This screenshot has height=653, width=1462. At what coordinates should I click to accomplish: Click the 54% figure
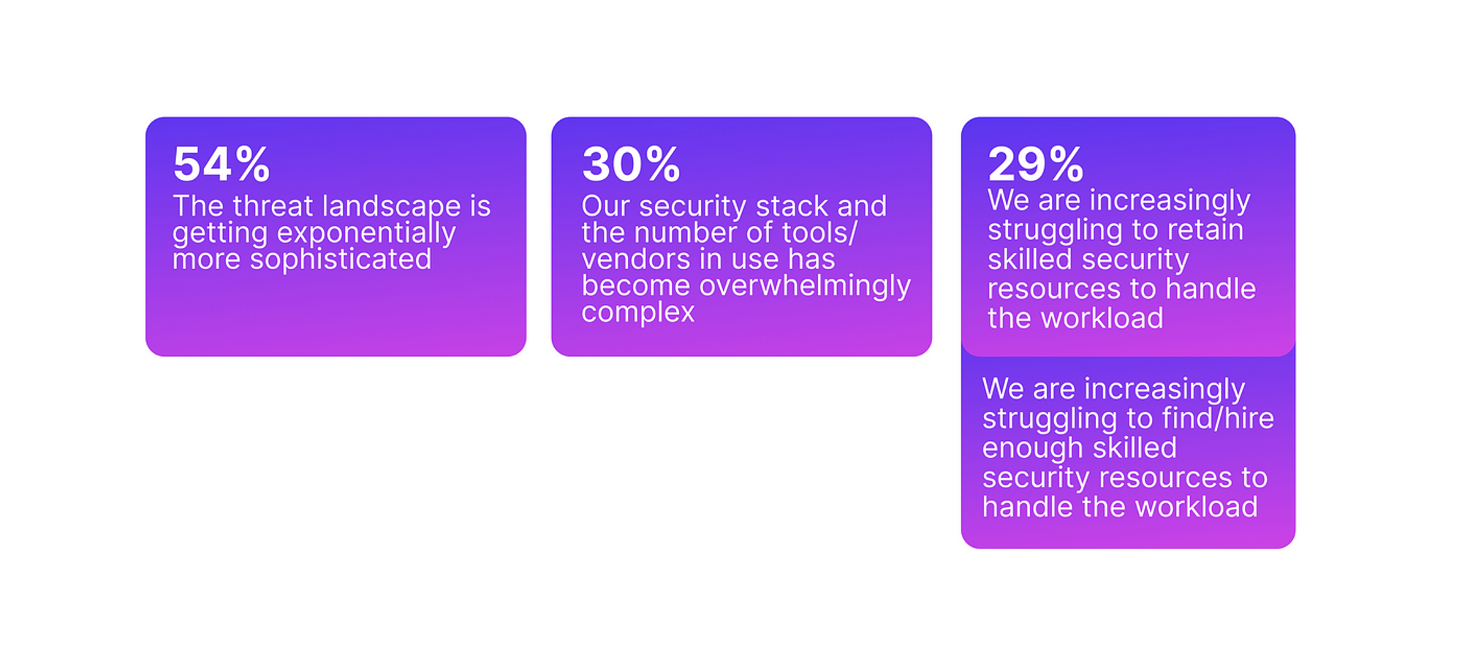[x=221, y=164]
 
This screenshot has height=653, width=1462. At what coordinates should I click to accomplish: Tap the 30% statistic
[x=631, y=164]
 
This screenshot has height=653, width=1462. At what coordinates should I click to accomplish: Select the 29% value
[x=1036, y=164]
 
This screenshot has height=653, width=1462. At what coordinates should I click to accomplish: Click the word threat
[x=273, y=206]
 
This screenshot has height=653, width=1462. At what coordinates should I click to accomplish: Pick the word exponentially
[x=366, y=234]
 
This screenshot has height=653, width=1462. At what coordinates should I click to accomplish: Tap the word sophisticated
[x=341, y=260]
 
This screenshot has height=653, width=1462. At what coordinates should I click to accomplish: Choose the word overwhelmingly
[x=805, y=287]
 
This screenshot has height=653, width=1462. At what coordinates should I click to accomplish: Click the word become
[x=636, y=286]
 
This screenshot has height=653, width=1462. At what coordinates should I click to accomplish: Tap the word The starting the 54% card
[x=198, y=206]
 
